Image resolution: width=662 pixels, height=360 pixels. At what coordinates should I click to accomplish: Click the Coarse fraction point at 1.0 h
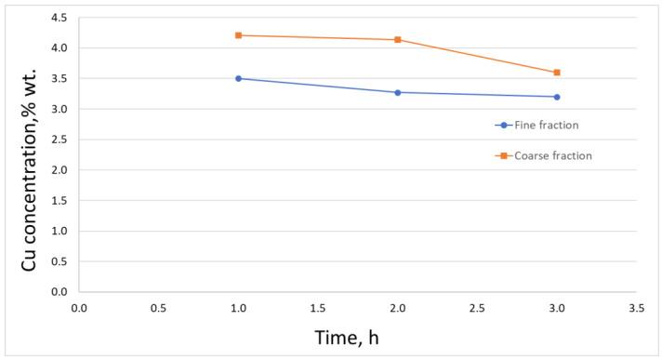(238, 35)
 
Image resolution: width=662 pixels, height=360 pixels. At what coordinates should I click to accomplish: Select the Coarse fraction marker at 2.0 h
(398, 40)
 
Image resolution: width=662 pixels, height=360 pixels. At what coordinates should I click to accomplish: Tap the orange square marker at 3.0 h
(557, 73)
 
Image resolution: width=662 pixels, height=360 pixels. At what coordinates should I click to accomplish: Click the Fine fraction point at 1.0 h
(238, 78)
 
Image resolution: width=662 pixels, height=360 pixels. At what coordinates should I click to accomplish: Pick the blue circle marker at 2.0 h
(398, 92)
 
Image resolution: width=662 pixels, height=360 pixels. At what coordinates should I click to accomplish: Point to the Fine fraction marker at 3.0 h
(557, 97)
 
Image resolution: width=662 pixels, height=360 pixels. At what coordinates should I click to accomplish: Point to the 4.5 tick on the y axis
(58, 18)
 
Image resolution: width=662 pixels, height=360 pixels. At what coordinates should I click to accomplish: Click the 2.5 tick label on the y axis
(58, 140)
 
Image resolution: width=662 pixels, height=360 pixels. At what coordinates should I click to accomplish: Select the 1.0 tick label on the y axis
(58, 231)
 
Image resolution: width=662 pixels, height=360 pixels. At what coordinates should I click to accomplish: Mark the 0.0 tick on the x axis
(79, 306)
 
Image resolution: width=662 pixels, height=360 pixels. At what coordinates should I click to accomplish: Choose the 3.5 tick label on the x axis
(637, 306)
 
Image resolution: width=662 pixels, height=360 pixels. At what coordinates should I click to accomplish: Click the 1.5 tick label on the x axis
(318, 306)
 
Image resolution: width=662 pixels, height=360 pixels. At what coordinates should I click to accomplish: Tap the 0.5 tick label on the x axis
(159, 306)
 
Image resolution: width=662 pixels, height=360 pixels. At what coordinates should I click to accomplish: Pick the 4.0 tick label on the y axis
(58, 48)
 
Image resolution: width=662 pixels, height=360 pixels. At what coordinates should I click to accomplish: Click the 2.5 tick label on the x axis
(478, 306)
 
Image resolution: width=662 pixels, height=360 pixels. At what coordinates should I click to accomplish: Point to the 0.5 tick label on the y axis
(58, 261)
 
